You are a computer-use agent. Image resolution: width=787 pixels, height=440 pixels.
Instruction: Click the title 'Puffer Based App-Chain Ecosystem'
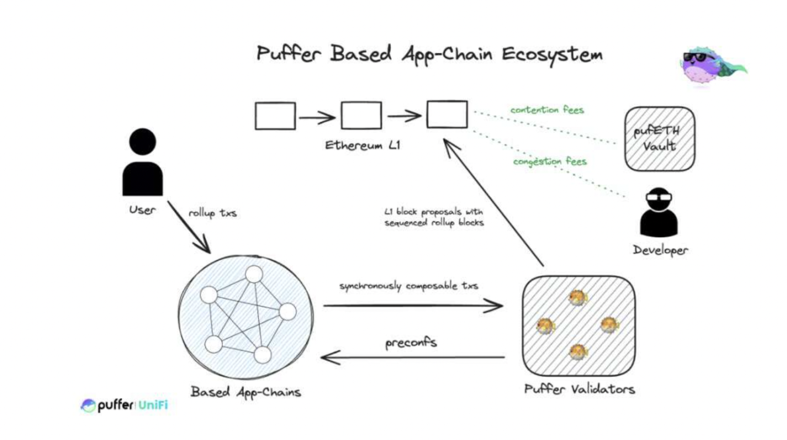click(x=429, y=53)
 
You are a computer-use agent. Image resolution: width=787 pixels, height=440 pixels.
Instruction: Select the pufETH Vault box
click(x=659, y=139)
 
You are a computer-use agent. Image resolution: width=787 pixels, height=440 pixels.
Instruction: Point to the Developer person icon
click(x=659, y=212)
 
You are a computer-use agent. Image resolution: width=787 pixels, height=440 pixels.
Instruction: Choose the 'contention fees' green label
click(x=547, y=110)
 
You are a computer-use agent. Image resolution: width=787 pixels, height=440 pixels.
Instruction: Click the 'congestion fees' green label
click(x=550, y=161)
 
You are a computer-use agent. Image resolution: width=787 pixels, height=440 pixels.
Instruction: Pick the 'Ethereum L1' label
click(x=363, y=145)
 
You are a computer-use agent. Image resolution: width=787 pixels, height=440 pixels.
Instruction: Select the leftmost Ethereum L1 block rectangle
click(x=275, y=116)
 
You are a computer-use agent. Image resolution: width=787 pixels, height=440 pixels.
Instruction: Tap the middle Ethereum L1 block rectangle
click(x=361, y=116)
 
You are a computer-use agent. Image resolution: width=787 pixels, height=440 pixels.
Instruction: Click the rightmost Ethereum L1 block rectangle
click(x=447, y=115)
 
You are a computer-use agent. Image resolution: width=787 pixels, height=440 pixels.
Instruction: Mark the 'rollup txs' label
click(x=212, y=213)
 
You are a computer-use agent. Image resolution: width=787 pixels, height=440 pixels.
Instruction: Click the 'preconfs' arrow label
click(x=411, y=342)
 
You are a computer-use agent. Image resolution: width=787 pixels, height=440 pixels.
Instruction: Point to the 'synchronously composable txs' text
click(x=408, y=286)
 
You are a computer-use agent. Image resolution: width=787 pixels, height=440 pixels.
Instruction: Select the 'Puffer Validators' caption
click(x=579, y=389)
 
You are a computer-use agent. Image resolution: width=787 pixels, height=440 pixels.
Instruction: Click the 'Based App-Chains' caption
click(x=246, y=392)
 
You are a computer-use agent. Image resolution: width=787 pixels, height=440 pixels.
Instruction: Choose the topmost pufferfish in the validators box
click(x=578, y=298)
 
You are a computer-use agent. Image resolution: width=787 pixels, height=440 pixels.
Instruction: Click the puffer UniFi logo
click(x=124, y=405)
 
